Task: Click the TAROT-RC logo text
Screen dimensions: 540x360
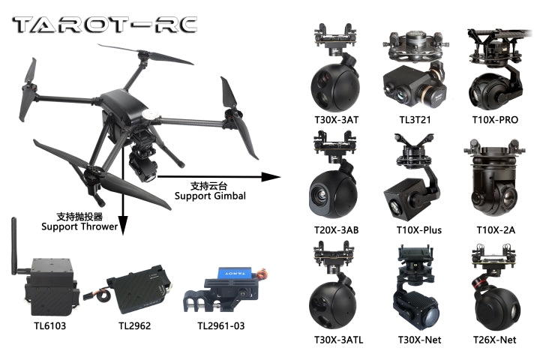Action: point(105,25)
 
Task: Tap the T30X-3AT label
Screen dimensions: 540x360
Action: point(337,120)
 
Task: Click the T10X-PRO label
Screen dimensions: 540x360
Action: point(495,120)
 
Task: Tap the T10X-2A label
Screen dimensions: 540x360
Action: point(496,230)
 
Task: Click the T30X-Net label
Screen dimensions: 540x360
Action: point(419,340)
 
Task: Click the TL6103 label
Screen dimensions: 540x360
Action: point(50,326)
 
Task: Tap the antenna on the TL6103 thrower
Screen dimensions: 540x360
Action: point(14,246)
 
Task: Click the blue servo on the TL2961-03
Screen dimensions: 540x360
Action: point(235,273)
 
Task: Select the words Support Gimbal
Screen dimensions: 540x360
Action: point(210,196)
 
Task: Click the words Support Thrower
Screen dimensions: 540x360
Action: point(79,226)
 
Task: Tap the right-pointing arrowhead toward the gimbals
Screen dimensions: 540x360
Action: point(271,177)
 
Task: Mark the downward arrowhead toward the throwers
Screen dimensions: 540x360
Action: point(123,226)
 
